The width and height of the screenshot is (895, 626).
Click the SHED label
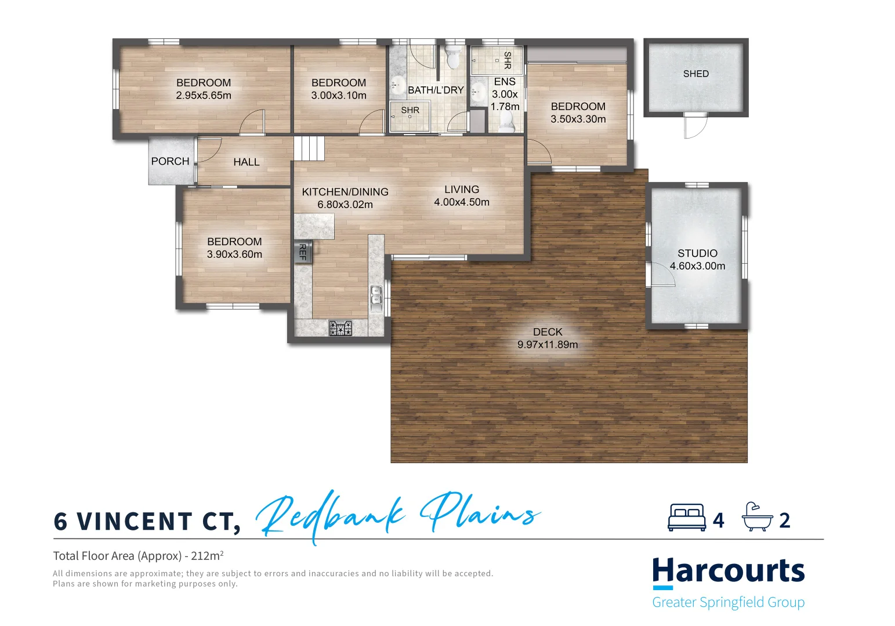pos(695,74)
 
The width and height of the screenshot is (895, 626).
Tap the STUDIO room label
pos(697,253)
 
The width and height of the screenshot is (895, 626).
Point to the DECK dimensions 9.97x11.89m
pos(548,345)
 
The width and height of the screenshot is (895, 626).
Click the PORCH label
pos(170,161)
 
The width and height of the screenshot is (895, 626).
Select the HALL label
pos(246,162)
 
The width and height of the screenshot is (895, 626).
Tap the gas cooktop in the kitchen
pos(340,329)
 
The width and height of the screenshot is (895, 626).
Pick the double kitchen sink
pos(376,295)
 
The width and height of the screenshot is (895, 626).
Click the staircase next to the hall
pos(309,148)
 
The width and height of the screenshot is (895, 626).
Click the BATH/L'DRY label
pos(436,90)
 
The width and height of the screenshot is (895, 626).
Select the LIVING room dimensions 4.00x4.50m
pos(462,202)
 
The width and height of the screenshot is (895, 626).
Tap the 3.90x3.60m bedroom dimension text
pos(234,254)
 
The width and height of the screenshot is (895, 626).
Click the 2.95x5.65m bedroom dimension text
pos(204,96)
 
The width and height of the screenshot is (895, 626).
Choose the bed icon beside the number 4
pos(687,518)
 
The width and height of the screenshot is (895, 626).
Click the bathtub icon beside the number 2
pos(758,517)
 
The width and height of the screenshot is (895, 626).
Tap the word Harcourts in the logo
pos(728,572)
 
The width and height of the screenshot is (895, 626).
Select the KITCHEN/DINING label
pos(345,192)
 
